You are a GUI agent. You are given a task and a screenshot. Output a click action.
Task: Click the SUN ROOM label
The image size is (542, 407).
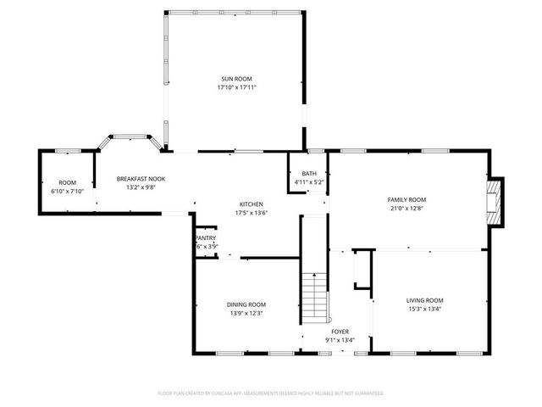point(236,78)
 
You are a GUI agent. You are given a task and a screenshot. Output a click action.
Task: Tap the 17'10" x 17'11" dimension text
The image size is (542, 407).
point(236,86)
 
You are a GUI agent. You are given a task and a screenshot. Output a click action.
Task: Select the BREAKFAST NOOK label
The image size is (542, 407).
point(141,179)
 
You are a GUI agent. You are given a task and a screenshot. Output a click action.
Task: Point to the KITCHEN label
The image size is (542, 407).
point(251,203)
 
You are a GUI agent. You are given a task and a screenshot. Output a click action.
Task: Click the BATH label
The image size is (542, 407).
point(309,174)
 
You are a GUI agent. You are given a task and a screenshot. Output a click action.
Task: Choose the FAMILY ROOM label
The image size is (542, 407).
point(406,199)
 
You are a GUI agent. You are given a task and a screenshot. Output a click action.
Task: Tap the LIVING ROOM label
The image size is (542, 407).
point(424,300)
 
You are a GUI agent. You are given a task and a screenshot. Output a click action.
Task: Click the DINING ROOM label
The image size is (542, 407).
point(246,304)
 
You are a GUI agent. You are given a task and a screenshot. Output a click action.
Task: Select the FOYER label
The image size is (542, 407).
point(340,332)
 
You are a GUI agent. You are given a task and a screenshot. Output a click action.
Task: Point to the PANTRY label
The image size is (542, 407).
point(206,238)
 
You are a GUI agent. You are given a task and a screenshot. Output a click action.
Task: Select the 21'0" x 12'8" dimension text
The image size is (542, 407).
point(406,208)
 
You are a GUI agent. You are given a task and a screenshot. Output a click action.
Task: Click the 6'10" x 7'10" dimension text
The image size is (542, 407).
point(67,191)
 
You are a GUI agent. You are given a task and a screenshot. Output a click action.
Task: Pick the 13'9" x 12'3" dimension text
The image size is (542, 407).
point(246,313)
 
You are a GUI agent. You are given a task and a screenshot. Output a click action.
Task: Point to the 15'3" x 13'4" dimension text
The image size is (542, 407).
point(424,309)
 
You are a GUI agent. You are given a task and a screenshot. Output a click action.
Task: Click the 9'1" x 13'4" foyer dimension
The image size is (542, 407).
point(340,340)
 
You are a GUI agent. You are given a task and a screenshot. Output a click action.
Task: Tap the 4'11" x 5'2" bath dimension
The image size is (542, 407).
point(309,182)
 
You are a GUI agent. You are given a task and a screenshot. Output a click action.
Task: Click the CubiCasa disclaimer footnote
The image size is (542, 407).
point(271,393)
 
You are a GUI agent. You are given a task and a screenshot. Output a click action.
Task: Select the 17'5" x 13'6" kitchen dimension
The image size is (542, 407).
point(251,212)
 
